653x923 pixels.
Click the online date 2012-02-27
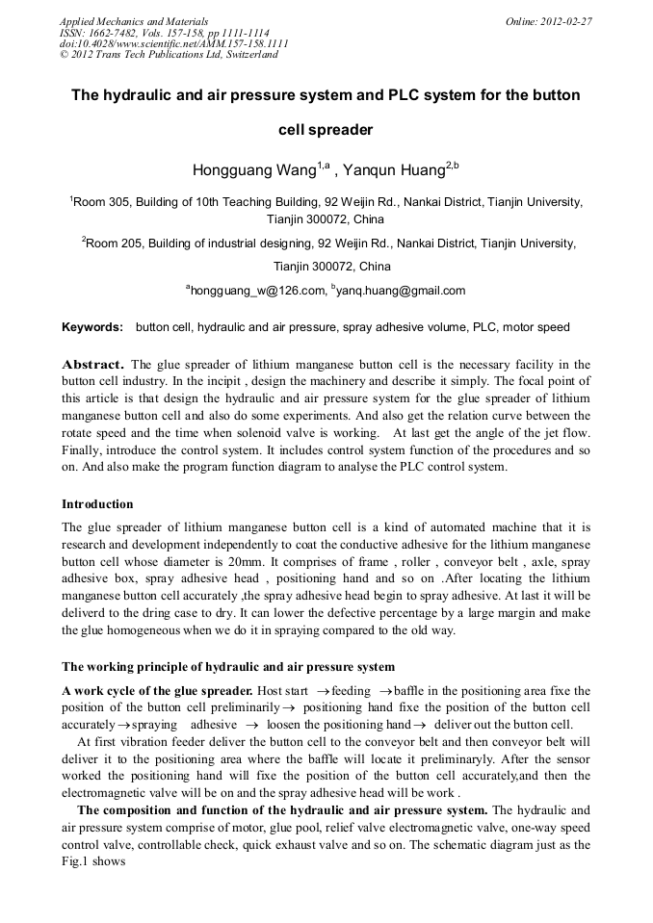[566, 21]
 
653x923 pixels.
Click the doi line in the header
[173, 43]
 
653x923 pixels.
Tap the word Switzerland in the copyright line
[249, 55]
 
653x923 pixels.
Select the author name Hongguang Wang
[254, 171]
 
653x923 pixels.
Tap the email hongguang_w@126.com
[255, 290]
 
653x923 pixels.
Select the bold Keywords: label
[92, 327]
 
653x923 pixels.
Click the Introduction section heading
[97, 503]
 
